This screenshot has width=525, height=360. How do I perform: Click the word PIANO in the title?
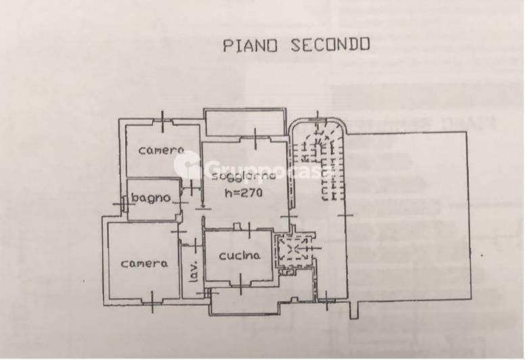point(250,45)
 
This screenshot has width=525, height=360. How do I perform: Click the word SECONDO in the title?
point(330,45)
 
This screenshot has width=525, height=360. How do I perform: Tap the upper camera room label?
point(162,150)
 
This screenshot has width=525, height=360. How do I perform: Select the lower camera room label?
point(144,263)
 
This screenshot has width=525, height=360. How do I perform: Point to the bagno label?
point(151,198)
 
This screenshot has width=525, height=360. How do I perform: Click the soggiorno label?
point(244,176)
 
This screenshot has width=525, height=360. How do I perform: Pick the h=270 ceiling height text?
point(244,193)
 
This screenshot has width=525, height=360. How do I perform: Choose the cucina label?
point(239,256)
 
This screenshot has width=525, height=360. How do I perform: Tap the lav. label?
point(193,271)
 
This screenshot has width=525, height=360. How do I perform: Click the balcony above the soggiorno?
point(245,122)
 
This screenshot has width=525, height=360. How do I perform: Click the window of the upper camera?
point(163,122)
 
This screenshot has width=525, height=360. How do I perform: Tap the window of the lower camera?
point(152,302)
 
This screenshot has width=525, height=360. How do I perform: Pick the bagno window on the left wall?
point(123,203)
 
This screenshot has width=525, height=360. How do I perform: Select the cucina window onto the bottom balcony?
point(241,284)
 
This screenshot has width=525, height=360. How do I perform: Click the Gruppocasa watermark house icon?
point(187,164)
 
